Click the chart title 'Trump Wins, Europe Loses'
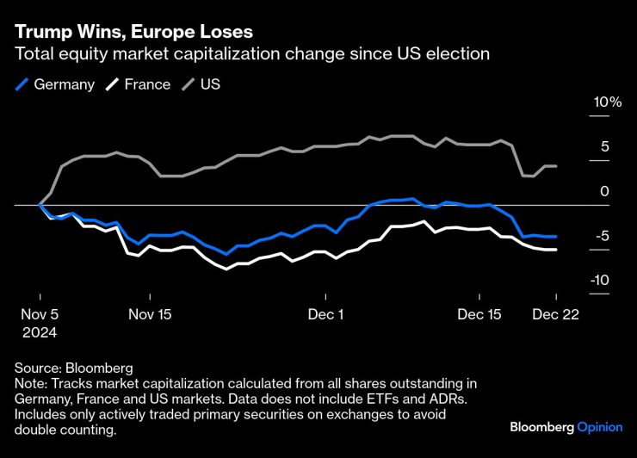tap(133, 31)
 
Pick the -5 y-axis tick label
tap(602, 236)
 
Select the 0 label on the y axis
tap(604, 191)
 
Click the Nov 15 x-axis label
tap(150, 314)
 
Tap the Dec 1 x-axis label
tap(326, 314)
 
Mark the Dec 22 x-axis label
tap(555, 314)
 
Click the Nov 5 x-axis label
tap(39, 314)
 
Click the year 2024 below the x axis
tap(39, 331)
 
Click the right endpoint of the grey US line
tap(555, 166)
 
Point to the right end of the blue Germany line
tap(555, 236)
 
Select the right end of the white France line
tap(555, 250)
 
